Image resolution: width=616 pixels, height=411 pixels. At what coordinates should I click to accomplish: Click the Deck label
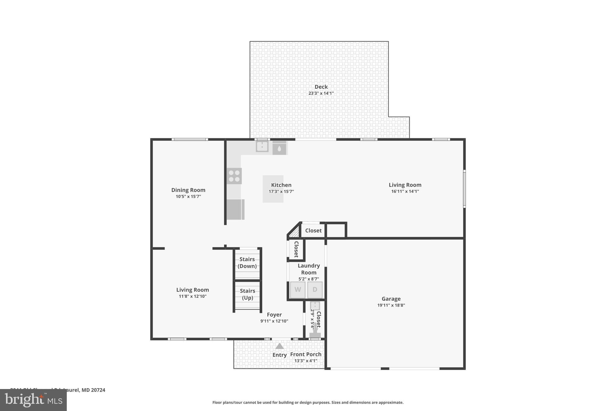pyautogui.click(x=321, y=87)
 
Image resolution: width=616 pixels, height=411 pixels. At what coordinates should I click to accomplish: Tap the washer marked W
pyautogui.click(x=297, y=290)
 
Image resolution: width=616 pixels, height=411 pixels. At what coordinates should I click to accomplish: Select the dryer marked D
pyautogui.click(x=315, y=290)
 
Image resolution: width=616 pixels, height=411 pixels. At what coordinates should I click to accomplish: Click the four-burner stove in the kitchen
pyautogui.click(x=234, y=176)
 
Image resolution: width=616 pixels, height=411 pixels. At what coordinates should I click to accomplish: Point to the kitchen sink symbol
pyautogui.click(x=262, y=146)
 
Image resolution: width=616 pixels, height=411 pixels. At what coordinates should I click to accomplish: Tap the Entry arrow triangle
pyautogui.click(x=279, y=346)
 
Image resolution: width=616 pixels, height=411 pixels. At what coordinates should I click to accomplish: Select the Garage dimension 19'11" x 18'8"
pyautogui.click(x=391, y=305)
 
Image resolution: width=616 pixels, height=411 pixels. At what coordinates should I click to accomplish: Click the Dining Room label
pyautogui.click(x=188, y=190)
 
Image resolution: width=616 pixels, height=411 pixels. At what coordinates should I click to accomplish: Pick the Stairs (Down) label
pyautogui.click(x=247, y=263)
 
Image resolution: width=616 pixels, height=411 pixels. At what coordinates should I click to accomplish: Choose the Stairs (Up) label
pyautogui.click(x=248, y=294)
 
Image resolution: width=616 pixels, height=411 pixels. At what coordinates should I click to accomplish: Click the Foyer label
pyautogui.click(x=274, y=315)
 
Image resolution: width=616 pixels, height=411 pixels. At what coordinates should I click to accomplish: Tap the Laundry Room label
pyautogui.click(x=309, y=269)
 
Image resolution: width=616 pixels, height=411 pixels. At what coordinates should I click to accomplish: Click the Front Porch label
pyautogui.click(x=306, y=354)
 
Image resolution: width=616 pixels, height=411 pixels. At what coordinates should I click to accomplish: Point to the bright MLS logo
pyautogui.click(x=33, y=400)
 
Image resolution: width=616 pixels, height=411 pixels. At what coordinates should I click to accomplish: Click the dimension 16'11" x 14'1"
pyautogui.click(x=405, y=191)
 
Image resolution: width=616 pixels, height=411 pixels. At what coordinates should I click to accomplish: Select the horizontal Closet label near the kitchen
pyautogui.click(x=313, y=231)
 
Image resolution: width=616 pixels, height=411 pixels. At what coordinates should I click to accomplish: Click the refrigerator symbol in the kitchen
pyautogui.click(x=235, y=209)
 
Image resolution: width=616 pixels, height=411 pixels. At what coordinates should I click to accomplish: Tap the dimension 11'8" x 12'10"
pyautogui.click(x=192, y=296)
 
